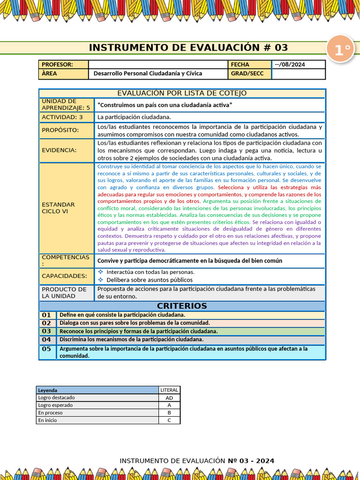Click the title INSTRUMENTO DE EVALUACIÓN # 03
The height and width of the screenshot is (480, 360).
point(188,48)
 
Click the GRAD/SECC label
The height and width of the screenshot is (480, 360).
point(247,74)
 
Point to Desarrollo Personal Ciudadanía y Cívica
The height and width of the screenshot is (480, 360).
point(148,74)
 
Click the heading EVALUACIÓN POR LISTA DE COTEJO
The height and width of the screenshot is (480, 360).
point(182,93)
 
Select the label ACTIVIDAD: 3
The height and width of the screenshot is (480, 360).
point(62,117)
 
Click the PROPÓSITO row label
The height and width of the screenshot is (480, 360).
point(60,130)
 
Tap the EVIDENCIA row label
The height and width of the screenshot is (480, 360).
point(59,150)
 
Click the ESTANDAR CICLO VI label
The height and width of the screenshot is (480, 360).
point(59,208)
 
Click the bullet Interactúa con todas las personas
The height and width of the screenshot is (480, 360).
point(150,272)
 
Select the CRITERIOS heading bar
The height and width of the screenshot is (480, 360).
point(182,306)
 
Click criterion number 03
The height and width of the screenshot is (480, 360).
point(46,331)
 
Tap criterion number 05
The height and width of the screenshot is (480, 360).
point(46,349)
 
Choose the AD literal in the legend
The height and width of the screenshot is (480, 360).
point(169,397)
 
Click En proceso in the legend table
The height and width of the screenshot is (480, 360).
point(51,413)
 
